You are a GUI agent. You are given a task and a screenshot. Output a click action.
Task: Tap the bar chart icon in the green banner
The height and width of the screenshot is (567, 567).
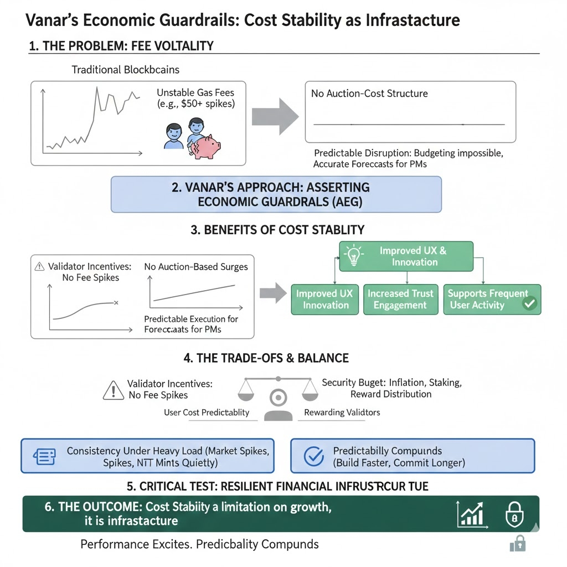471,514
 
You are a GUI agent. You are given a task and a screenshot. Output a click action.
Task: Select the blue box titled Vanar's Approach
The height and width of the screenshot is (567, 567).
276,194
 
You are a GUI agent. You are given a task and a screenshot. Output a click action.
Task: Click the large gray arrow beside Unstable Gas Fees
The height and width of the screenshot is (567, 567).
275,116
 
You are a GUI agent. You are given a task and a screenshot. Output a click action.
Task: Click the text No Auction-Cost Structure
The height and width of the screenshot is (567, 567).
369,94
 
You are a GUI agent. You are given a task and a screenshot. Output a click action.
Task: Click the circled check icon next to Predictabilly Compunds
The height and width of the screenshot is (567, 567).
315,456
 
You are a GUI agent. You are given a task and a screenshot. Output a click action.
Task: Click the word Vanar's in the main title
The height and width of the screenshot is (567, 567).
51,20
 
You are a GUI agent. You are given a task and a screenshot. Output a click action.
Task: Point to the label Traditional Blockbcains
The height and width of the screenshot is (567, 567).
126,70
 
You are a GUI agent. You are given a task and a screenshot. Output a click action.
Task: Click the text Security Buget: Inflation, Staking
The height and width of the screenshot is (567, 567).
391,383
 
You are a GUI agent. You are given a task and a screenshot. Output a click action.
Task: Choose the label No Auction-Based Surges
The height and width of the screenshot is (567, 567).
196,267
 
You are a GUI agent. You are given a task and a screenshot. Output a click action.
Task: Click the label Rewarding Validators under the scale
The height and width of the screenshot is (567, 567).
342,413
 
